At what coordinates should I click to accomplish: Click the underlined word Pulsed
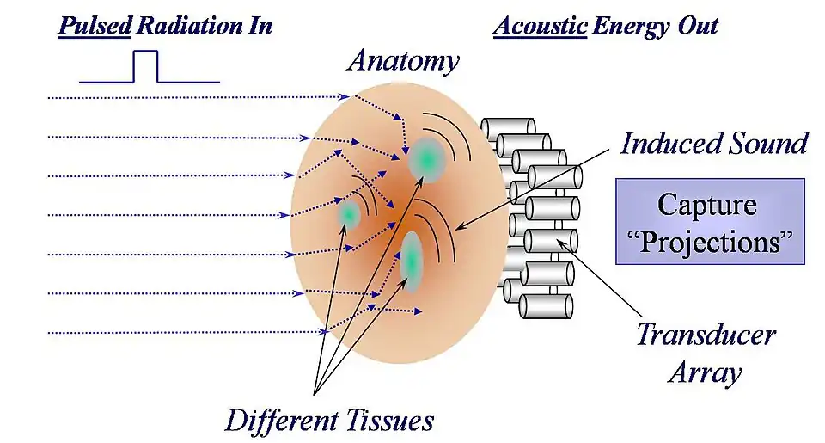point(94,26)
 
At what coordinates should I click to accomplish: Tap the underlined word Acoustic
point(538,26)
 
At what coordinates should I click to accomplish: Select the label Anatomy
point(403,62)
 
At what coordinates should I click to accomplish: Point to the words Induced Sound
point(713,143)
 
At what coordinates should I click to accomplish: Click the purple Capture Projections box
point(710,222)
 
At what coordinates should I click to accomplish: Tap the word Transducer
point(705,335)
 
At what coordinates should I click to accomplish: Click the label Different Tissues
point(329,421)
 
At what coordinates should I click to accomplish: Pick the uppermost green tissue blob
point(425,157)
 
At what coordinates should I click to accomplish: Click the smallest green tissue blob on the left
point(349,212)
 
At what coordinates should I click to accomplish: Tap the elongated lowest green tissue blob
point(412,260)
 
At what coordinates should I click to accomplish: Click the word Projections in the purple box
point(710,241)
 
